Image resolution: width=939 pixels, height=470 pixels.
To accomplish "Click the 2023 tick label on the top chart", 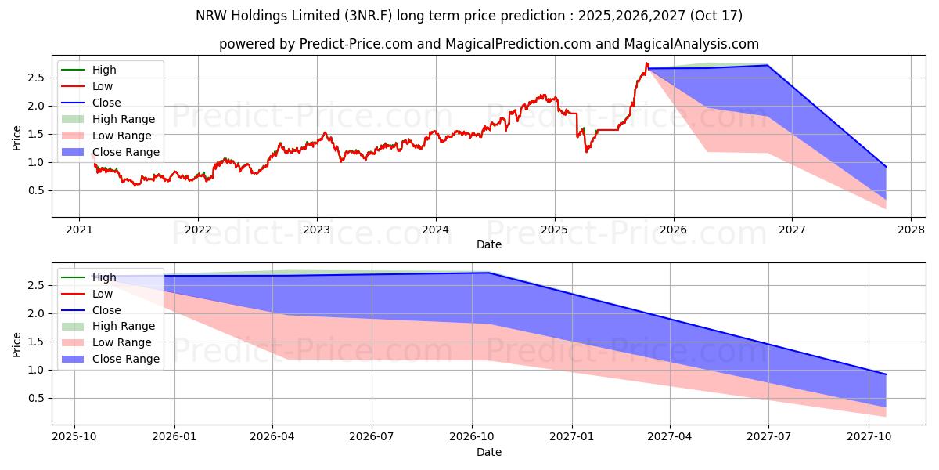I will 316,230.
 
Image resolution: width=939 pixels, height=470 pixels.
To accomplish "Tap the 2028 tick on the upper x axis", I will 911,230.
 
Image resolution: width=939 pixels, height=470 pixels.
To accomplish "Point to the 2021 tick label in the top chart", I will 78,230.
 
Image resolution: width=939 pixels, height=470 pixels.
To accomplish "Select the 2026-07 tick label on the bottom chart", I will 372,437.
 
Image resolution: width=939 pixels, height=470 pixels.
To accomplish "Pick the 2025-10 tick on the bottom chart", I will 74,437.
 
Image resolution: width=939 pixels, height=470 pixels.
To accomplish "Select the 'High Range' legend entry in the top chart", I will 123,119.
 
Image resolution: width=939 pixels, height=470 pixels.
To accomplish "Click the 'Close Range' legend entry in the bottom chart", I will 125,359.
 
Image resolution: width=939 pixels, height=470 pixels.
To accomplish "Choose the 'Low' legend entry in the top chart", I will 103,86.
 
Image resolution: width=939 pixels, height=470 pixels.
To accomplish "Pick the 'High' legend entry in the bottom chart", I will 104,277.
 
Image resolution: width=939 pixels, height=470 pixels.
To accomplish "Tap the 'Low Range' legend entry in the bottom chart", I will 122,342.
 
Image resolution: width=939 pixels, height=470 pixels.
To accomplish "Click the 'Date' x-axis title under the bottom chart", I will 489,452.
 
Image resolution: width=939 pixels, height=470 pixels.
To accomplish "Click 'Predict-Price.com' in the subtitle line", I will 357,44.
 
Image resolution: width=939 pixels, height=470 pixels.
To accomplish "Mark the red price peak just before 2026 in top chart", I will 646,63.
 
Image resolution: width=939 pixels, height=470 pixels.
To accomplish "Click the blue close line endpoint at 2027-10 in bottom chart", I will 886,374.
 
